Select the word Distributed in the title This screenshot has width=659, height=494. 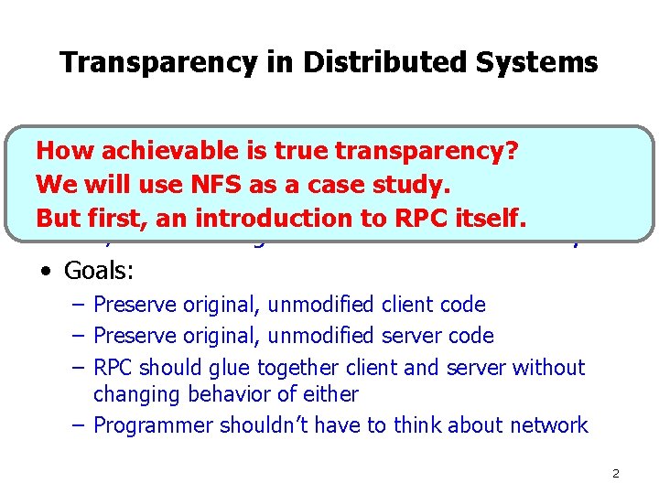(342, 62)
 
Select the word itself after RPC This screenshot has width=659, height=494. (491, 218)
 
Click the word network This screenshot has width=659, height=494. (550, 425)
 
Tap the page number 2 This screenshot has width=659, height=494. (615, 473)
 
